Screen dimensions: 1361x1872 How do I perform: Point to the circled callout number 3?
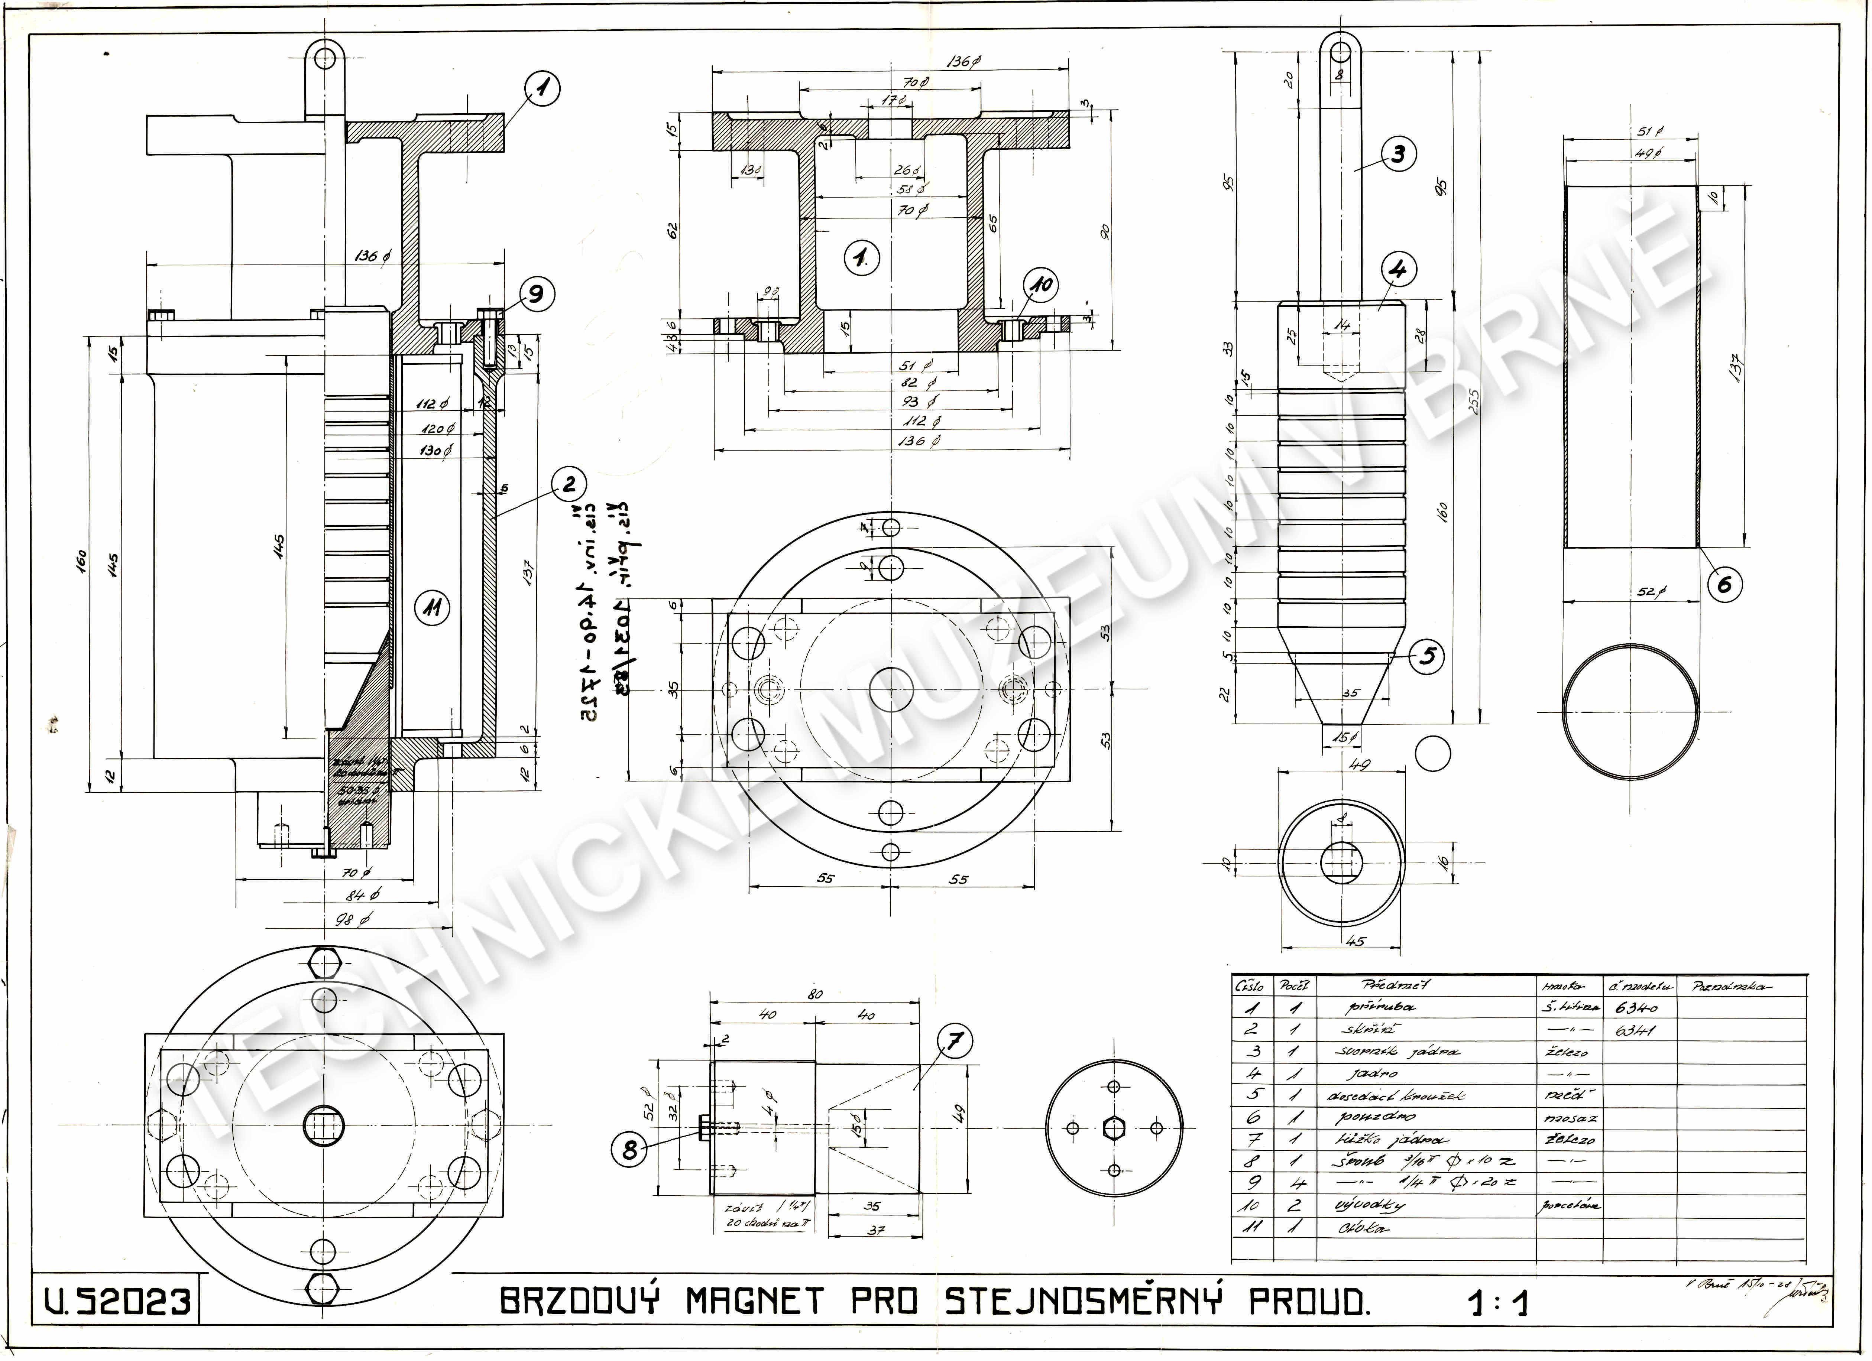(1398, 155)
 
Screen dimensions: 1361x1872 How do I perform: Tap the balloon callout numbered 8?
(630, 1150)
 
